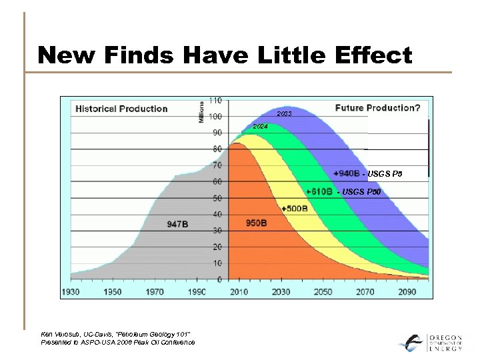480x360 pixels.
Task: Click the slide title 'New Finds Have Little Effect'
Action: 225,55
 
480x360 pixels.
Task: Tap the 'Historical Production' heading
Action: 121,109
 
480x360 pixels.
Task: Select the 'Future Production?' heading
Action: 377,108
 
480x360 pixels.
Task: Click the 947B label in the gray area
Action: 177,225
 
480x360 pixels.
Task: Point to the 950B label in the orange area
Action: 257,222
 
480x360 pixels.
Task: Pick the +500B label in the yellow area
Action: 294,208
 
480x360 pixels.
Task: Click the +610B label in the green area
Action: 319,191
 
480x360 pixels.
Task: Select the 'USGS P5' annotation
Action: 385,174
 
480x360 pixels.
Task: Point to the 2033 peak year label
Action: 284,114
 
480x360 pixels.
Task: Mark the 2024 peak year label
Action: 261,127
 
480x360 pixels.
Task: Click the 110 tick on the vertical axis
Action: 215,100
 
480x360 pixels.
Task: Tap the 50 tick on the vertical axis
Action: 217,198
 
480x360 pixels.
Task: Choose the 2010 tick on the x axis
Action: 239,292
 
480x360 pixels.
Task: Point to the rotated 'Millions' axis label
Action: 202,112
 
